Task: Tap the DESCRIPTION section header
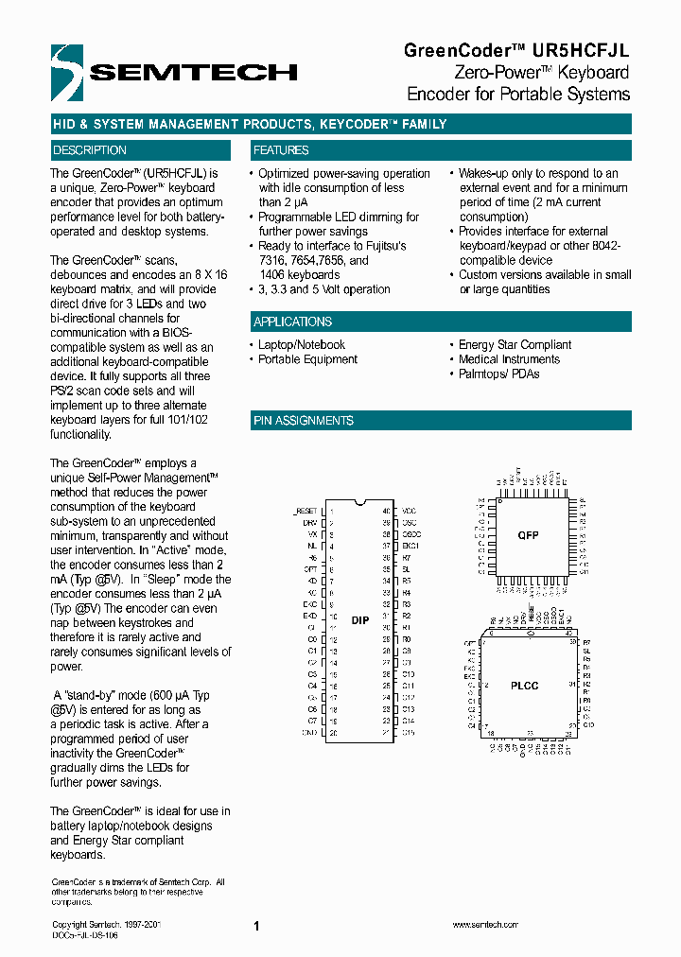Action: (90, 150)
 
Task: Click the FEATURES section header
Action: (281, 150)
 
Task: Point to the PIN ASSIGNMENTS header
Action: (304, 421)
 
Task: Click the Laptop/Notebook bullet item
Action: (302, 345)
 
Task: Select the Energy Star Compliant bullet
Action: (515, 345)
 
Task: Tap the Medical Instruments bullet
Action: (509, 359)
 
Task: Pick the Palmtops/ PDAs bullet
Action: (498, 374)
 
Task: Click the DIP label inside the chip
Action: (360, 620)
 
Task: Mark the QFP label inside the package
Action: (527, 535)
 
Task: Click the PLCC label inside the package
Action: (525, 685)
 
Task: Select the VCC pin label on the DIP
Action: (409, 511)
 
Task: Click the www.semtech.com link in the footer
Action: (484, 925)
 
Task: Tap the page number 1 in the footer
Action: (256, 927)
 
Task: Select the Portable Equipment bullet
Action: (307, 359)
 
